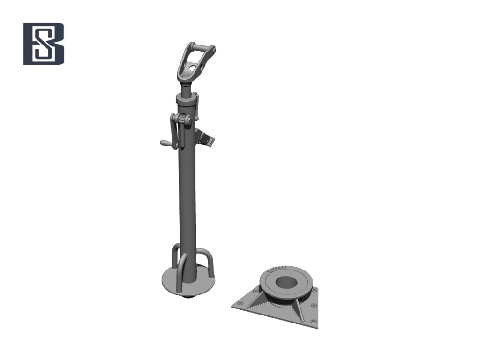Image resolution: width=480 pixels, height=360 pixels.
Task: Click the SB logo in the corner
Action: (x=44, y=44)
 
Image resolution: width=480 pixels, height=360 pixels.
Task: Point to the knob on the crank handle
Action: (x=165, y=142)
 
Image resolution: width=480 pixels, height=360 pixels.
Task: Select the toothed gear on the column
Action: (x=185, y=120)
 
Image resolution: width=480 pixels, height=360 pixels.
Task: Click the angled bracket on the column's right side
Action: (x=205, y=138)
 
